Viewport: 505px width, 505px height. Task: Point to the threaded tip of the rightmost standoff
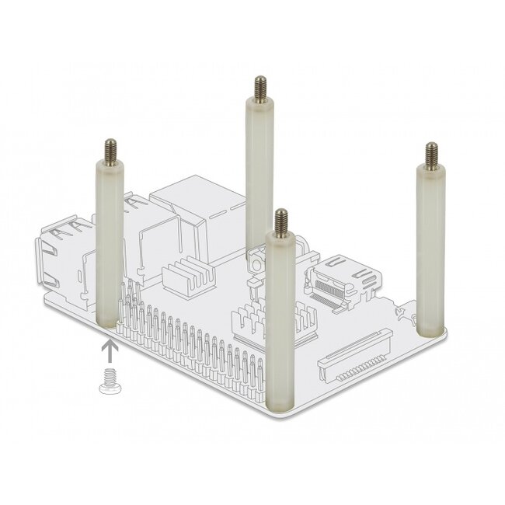pyautogui.click(x=430, y=153)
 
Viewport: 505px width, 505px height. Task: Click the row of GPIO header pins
pyautogui.click(x=194, y=342)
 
